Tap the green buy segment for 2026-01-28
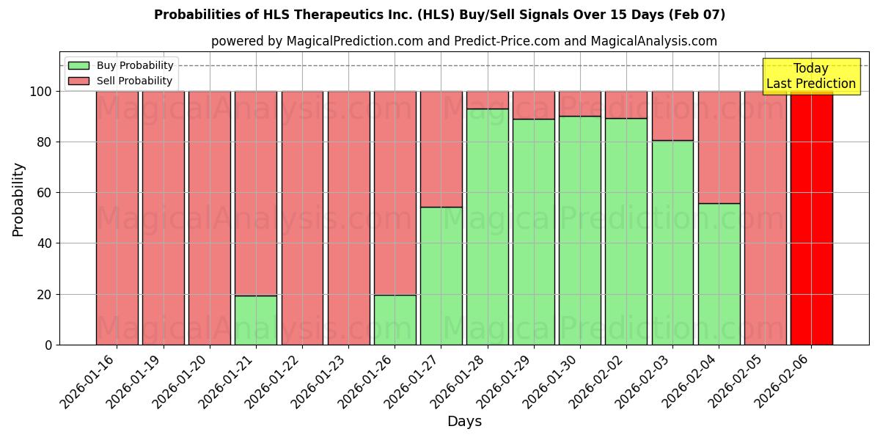pyautogui.click(x=488, y=227)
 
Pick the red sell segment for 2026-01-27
pyautogui.click(x=441, y=149)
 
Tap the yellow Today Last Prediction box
pyautogui.click(x=811, y=76)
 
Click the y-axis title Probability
pyautogui.click(x=18, y=199)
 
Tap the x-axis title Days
pyautogui.click(x=464, y=422)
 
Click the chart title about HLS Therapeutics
pyautogui.click(x=439, y=15)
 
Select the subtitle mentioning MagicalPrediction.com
pyautogui.click(x=463, y=41)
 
